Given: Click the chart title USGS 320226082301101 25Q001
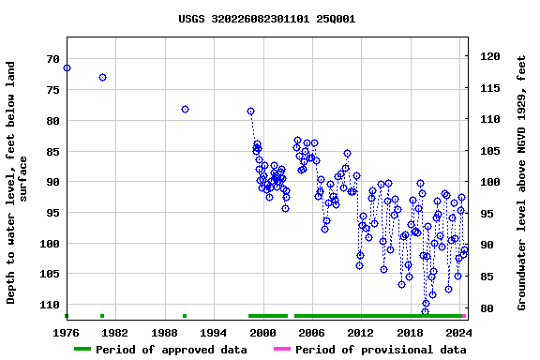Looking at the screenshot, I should pyautogui.click(x=267, y=18).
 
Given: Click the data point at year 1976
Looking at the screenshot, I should pyautogui.click(x=67, y=67).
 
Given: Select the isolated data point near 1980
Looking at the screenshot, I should pyautogui.click(x=102, y=77).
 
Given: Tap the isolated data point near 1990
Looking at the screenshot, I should pyautogui.click(x=185, y=109).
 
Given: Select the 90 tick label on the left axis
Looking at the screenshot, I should pyautogui.click(x=52, y=182).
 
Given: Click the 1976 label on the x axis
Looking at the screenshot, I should pyautogui.click(x=67, y=332).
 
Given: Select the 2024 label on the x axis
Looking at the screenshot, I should pyautogui.click(x=458, y=332).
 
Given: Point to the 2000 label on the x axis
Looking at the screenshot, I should pyautogui.click(x=262, y=332).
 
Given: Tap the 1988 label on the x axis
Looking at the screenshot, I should pyautogui.click(x=165, y=332).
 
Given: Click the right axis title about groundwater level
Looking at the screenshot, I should pyautogui.click(x=522, y=182).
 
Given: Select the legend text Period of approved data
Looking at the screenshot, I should pyautogui.click(x=172, y=350).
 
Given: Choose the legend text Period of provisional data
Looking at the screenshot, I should pyautogui.click(x=381, y=350).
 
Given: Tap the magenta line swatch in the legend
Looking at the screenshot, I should pyautogui.click(x=281, y=350).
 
